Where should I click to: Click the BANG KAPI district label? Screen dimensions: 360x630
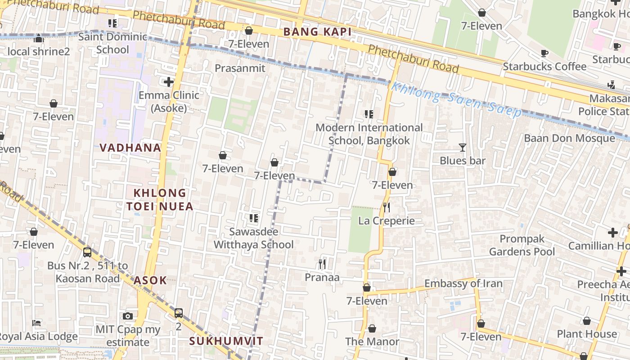(317, 32)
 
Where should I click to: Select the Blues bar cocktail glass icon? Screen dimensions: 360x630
(462, 147)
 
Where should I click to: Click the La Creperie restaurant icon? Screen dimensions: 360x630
(386, 207)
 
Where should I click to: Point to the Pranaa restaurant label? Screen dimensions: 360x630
(322, 277)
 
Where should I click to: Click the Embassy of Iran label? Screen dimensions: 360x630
(463, 283)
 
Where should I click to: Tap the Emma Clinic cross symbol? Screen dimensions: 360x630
(169, 82)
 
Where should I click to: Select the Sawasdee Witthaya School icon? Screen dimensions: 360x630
(253, 218)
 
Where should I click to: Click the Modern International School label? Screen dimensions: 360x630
(369, 134)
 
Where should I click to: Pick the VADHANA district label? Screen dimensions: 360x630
(130, 148)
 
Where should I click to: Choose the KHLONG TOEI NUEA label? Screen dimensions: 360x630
(160, 199)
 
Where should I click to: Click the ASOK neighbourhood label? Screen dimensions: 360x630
(150, 280)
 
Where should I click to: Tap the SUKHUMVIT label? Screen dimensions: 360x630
(226, 341)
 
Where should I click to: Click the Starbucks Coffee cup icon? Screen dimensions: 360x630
(544, 54)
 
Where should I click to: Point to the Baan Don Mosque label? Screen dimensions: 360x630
(569, 138)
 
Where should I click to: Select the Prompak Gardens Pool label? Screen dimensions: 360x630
(522, 245)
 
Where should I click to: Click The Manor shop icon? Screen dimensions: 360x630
(372, 328)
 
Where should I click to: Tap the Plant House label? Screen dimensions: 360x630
(587, 334)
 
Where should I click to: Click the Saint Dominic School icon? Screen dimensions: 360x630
(112, 23)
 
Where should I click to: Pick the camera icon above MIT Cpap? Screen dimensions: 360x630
(128, 316)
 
